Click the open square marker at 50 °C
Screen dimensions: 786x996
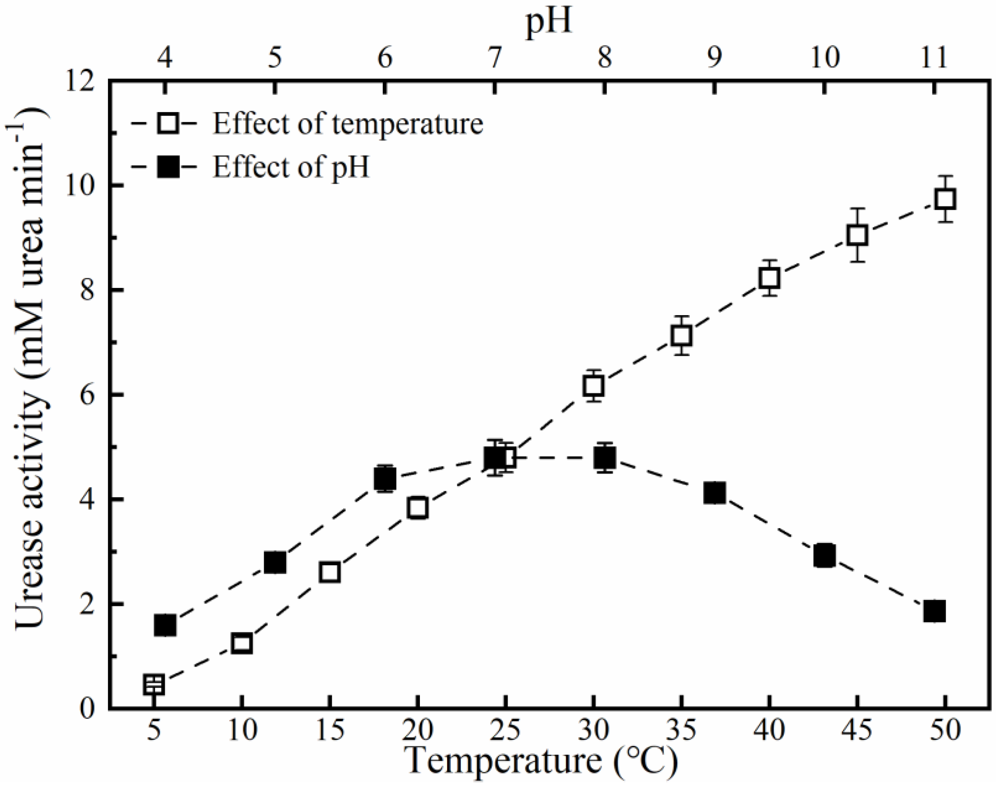[x=945, y=199]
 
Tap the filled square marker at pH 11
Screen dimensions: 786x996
[x=934, y=611]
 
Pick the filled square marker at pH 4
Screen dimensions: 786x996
[x=165, y=625]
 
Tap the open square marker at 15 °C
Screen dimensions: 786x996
[x=330, y=573]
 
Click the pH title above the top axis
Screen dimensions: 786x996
[x=549, y=22]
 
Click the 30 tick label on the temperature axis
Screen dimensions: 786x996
[x=594, y=731]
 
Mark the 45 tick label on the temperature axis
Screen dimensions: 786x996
[x=857, y=731]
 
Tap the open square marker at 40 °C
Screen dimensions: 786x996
[x=769, y=278]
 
